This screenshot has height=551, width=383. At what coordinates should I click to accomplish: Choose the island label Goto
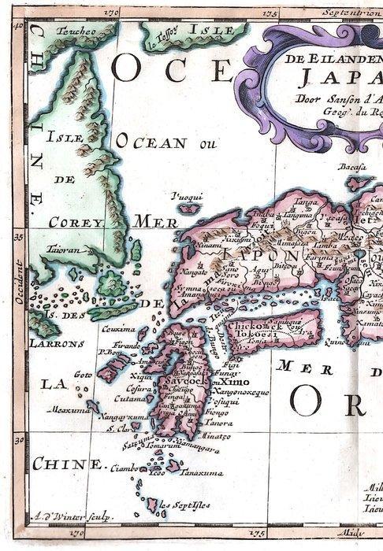(x=83, y=376)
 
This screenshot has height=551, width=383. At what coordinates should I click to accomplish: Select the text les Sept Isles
(x=185, y=504)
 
